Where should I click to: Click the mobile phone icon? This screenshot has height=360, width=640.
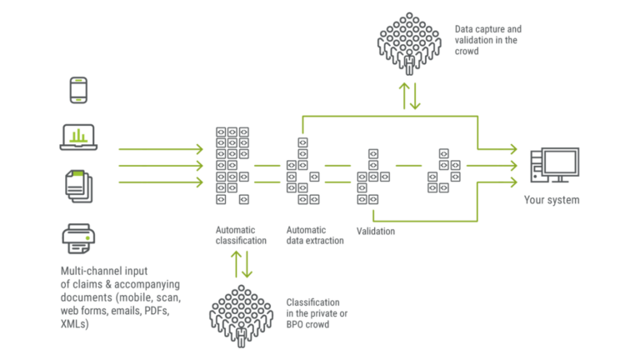click(78, 91)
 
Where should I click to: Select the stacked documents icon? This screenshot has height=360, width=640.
click(78, 184)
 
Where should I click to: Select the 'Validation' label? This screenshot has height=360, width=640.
click(375, 231)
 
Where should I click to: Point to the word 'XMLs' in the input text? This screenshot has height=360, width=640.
click(75, 322)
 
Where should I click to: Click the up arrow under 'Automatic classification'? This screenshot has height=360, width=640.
click(236, 266)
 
